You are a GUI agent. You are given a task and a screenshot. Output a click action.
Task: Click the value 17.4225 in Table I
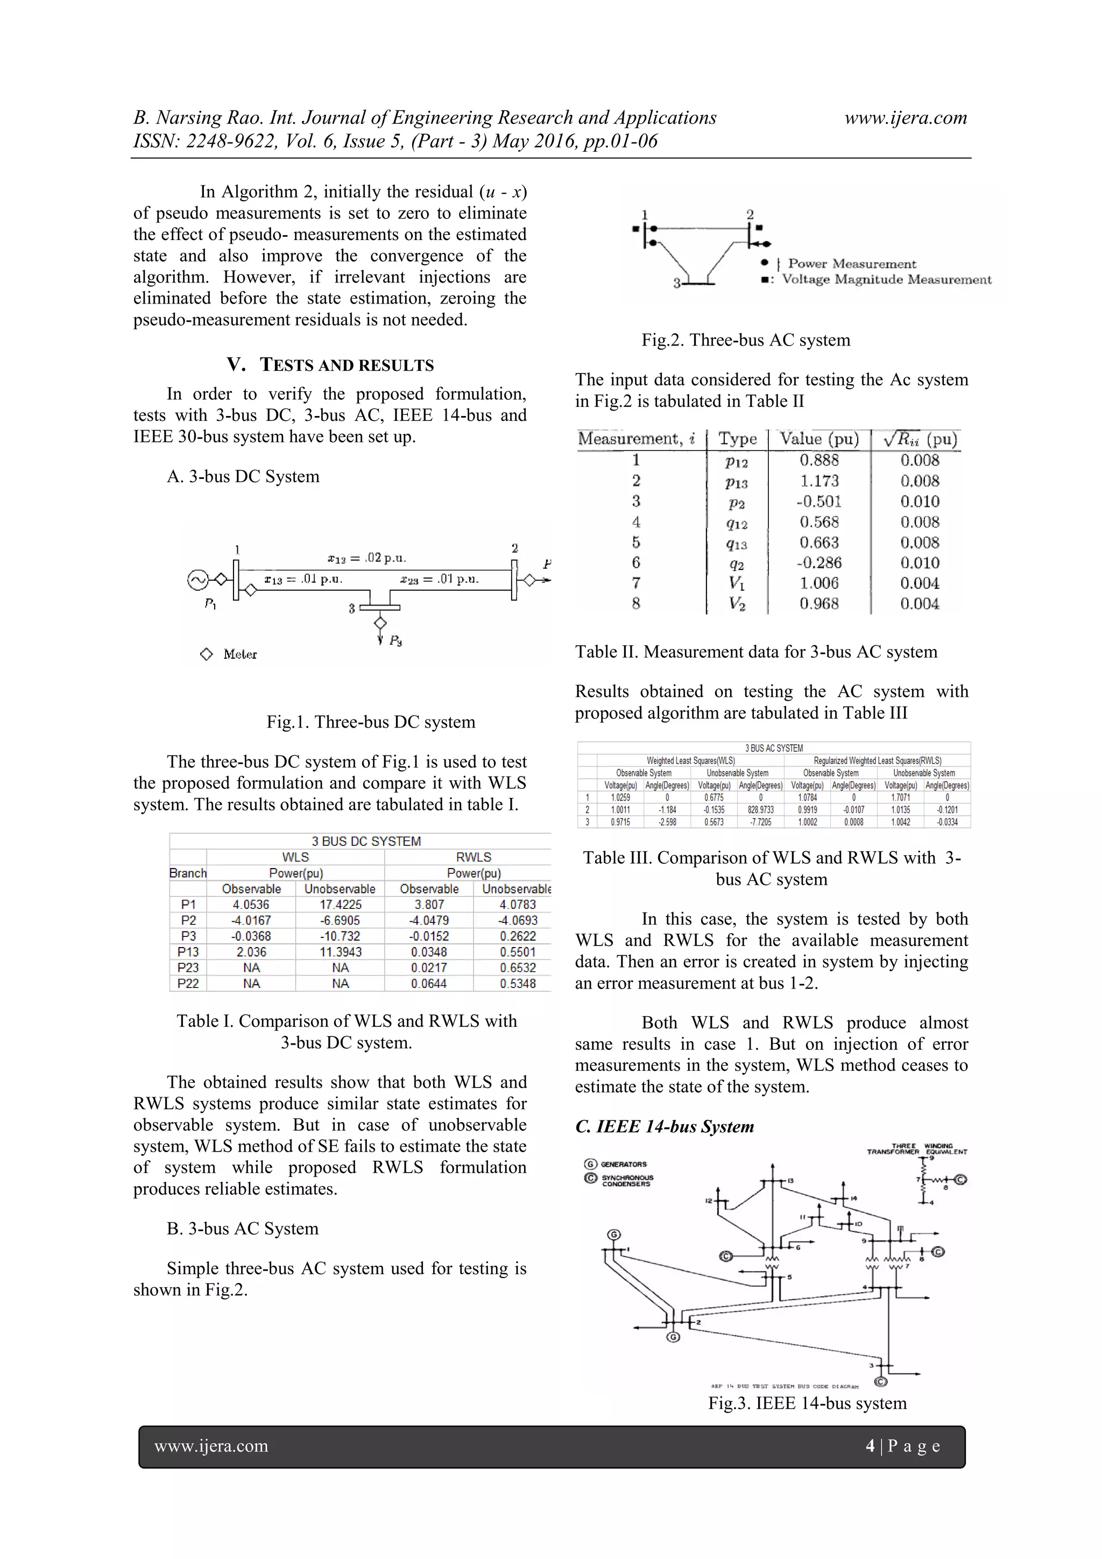click(340, 905)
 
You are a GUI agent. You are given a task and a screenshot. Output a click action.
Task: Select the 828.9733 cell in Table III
click(760, 809)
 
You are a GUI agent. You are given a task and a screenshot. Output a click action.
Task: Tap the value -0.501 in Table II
click(819, 502)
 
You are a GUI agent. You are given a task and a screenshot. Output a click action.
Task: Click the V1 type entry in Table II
click(737, 583)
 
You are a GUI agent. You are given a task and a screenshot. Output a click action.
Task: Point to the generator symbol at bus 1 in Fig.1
click(197, 580)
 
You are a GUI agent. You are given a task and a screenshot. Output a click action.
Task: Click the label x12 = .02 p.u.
click(366, 558)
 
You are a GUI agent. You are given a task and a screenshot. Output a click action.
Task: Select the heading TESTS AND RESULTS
click(347, 365)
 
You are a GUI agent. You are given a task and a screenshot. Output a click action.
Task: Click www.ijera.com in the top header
click(905, 117)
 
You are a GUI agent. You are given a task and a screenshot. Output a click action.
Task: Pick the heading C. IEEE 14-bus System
click(664, 1126)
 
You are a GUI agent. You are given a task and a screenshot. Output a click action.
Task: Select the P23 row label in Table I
click(188, 968)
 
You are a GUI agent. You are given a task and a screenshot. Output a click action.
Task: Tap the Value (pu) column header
click(819, 439)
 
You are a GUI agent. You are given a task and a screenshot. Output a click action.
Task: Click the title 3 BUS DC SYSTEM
click(366, 841)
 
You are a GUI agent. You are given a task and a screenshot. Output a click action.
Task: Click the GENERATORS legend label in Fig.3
click(623, 1164)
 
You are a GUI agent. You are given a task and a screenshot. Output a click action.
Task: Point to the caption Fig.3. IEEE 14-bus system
click(807, 1403)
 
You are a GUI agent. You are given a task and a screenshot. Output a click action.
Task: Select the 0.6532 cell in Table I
click(518, 968)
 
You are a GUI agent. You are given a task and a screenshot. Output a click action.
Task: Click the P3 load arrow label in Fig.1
click(395, 640)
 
